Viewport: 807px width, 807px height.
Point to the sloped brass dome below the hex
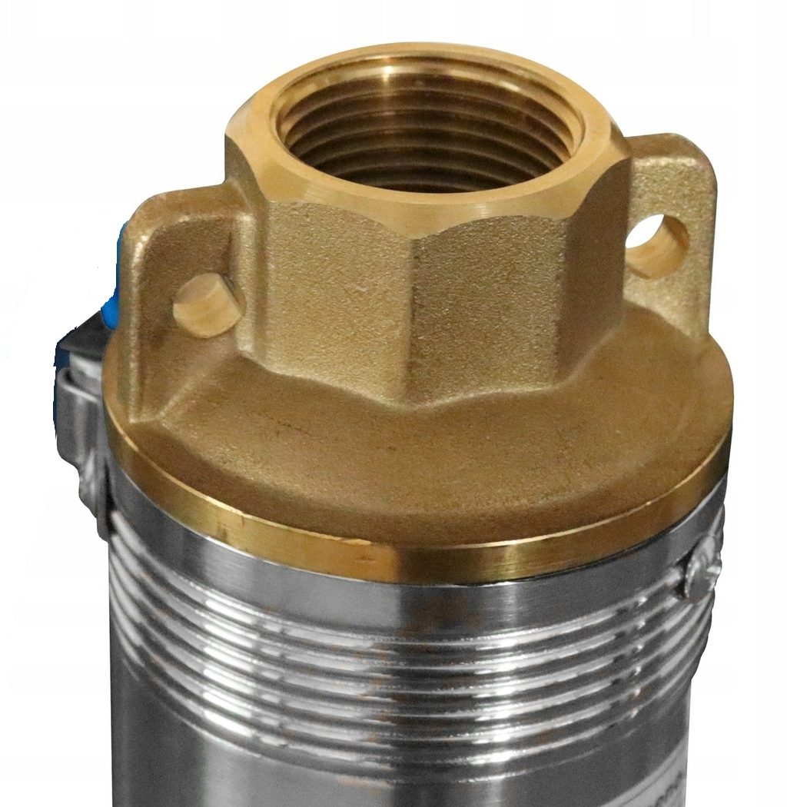[430, 461]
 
